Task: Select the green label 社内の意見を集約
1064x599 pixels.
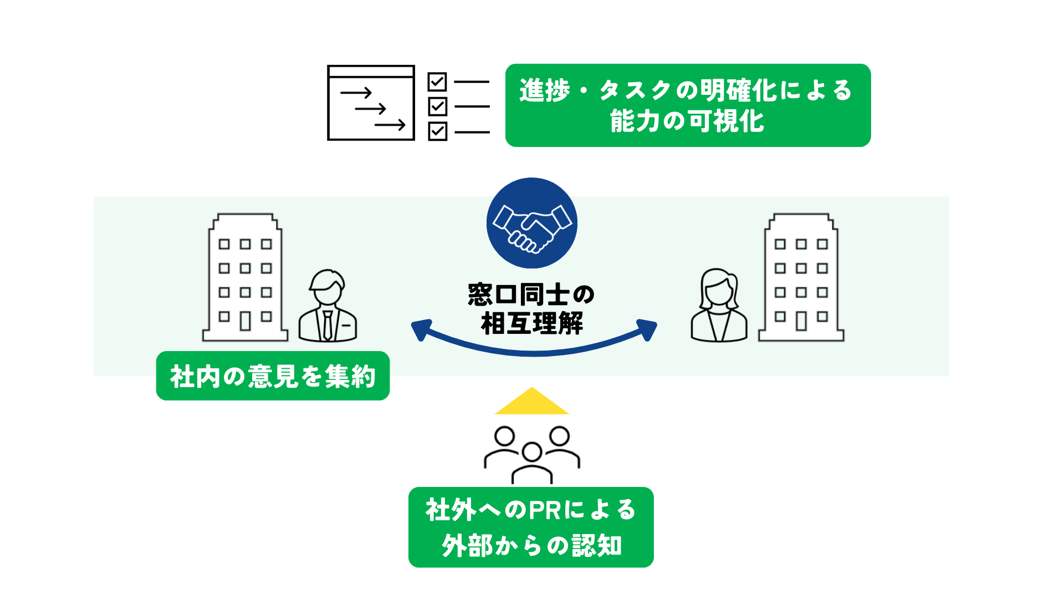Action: tap(273, 376)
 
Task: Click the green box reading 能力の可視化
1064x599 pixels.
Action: tap(688, 105)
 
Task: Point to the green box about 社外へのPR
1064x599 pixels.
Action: tap(531, 527)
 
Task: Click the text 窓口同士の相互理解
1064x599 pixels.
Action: tap(531, 309)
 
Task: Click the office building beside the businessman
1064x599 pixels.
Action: tap(245, 277)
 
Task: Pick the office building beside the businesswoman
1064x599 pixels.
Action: tap(801, 277)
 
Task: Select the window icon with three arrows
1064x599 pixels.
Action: tap(371, 103)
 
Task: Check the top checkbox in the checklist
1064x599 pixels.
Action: tap(437, 82)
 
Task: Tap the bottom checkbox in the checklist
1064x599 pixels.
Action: tap(437, 131)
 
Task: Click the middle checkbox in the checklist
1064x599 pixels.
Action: tap(437, 106)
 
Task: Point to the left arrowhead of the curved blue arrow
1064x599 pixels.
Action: tap(421, 329)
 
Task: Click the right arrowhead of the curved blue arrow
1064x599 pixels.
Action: tap(647, 329)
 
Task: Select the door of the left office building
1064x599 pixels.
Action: tap(245, 321)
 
